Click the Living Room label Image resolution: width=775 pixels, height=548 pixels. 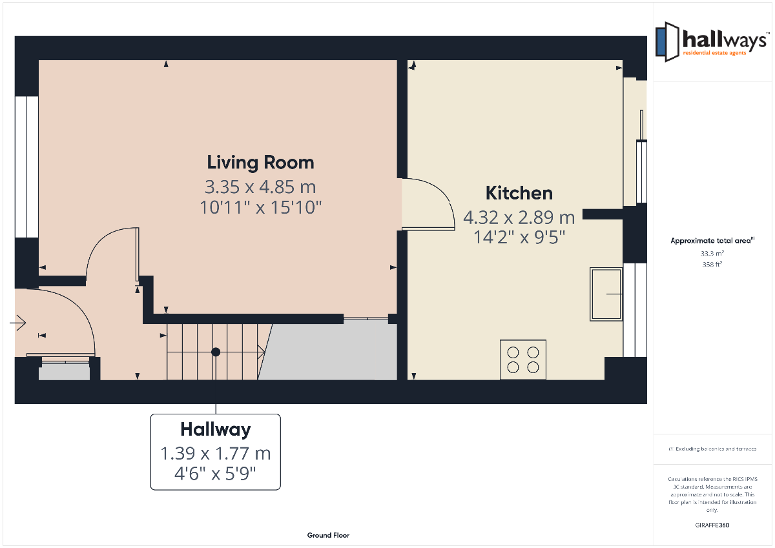[x=260, y=163]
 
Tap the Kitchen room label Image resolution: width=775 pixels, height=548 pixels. [x=519, y=193]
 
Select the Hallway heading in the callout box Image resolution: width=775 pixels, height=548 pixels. [x=216, y=430]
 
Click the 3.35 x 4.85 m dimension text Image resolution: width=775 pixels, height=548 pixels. [x=260, y=187]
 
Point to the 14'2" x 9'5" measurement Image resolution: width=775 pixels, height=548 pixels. [x=519, y=237]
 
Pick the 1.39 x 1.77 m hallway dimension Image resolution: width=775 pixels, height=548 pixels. [x=216, y=453]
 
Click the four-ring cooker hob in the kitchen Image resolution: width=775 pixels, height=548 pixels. [x=523, y=360]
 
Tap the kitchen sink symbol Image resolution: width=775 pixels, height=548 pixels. [x=606, y=294]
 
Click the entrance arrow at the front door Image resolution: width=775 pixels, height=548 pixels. [x=18, y=323]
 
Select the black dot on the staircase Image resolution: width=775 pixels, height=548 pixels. [x=216, y=352]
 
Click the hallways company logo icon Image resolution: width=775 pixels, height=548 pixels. [x=667, y=42]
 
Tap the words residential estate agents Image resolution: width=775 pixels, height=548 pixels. [x=714, y=53]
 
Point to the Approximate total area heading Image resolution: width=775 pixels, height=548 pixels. [x=712, y=241]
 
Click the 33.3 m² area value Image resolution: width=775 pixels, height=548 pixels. [x=712, y=254]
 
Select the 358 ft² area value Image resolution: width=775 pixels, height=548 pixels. [x=712, y=265]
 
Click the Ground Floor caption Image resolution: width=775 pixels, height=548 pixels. [x=328, y=535]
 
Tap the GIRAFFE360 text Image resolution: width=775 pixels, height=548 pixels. [x=712, y=525]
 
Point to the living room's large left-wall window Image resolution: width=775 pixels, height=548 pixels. [x=26, y=167]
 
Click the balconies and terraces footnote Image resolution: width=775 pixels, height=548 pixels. [x=712, y=449]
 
